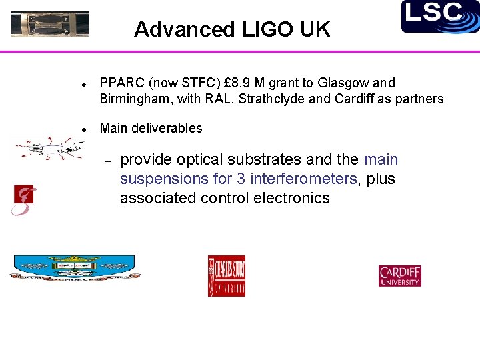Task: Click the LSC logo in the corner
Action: coord(440,16)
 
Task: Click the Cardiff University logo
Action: coord(400,276)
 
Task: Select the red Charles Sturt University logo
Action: coord(226,276)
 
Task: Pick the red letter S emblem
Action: coord(23,200)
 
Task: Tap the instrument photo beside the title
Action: coord(49,24)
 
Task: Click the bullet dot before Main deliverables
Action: coord(81,129)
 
